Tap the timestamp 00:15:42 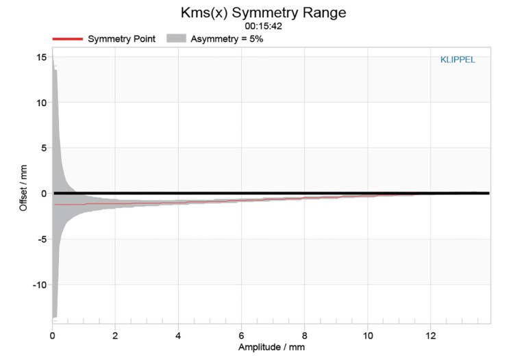click(x=262, y=26)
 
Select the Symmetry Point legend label click(x=121, y=39)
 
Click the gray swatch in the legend click(x=176, y=39)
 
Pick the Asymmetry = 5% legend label click(x=226, y=39)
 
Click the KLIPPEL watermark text click(x=457, y=60)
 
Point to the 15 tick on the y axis click(x=42, y=57)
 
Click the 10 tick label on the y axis click(x=42, y=103)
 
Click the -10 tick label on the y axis click(x=40, y=284)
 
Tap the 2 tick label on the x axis click(x=116, y=335)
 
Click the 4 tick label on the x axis click(x=179, y=335)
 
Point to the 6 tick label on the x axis click(x=242, y=335)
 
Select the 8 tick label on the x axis click(x=305, y=335)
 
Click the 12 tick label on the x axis click(x=431, y=335)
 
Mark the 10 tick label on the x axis click(x=368, y=335)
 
